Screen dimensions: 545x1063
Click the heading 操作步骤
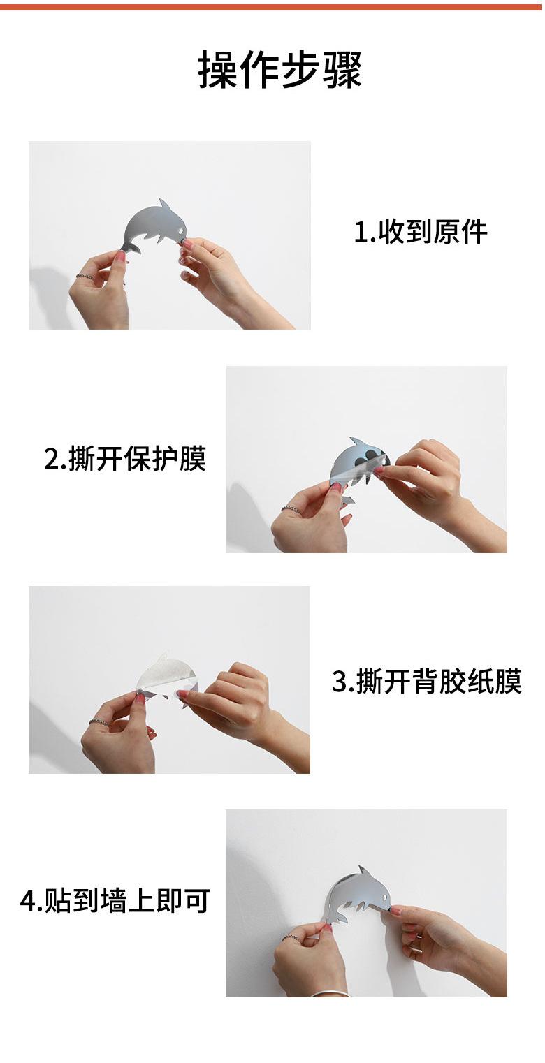point(280,70)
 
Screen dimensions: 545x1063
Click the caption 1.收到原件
point(421,232)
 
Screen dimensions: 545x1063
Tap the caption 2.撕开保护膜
point(125,459)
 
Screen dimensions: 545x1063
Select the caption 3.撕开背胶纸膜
point(427,681)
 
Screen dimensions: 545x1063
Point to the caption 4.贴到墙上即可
point(115,900)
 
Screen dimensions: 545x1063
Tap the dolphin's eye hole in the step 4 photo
point(384,898)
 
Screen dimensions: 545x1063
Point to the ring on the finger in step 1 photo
point(85,276)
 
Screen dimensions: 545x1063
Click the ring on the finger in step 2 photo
point(289,509)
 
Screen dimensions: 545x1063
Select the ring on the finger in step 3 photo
point(98,721)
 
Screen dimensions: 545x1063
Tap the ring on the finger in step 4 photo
point(290,938)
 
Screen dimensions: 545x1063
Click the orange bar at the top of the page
point(272,7)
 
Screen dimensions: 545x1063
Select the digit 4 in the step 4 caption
point(27,901)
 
